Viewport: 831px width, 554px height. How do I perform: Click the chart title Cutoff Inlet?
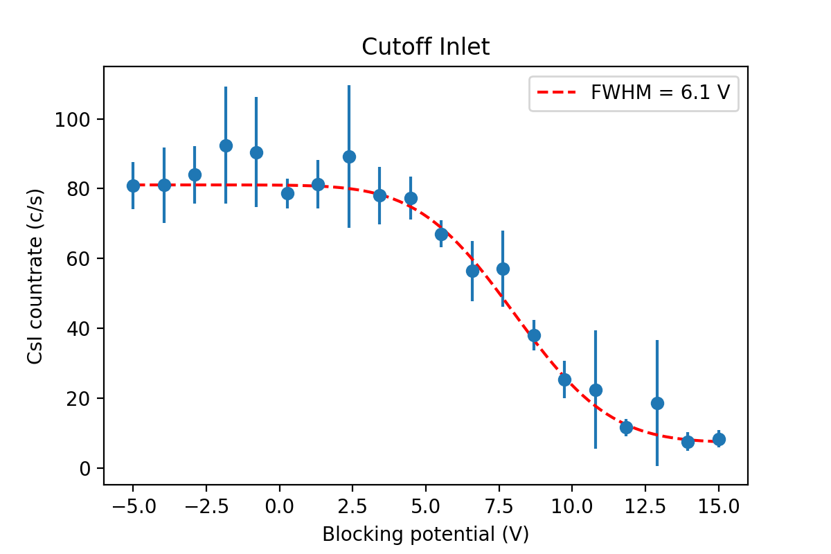click(425, 47)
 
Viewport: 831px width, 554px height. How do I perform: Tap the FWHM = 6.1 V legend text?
click(660, 93)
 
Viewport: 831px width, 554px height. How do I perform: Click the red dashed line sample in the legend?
click(558, 93)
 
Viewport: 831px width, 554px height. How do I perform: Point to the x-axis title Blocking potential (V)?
click(425, 534)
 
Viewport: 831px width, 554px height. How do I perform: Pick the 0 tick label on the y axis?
click(84, 468)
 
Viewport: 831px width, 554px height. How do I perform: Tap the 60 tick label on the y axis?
click(77, 259)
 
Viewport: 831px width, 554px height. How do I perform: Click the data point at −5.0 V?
click(133, 186)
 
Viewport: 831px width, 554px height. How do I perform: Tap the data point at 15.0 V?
click(719, 439)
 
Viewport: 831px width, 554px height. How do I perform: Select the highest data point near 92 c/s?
click(226, 145)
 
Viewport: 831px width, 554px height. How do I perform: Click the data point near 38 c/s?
click(534, 335)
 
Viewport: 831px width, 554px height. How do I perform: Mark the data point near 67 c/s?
click(441, 234)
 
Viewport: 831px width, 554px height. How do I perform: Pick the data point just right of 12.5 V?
click(657, 403)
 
